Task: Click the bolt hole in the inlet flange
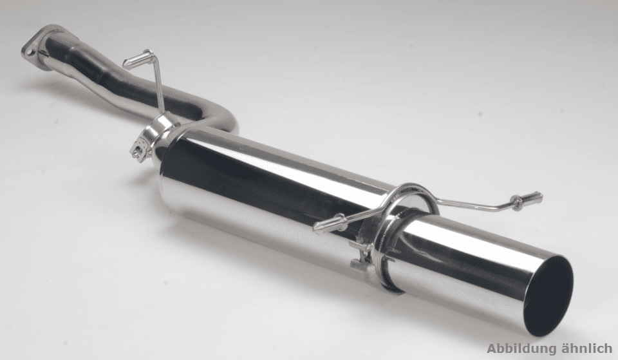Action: [x=30, y=51]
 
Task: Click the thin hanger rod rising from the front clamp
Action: [x=160, y=85]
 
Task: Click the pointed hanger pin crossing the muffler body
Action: [x=331, y=223]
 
